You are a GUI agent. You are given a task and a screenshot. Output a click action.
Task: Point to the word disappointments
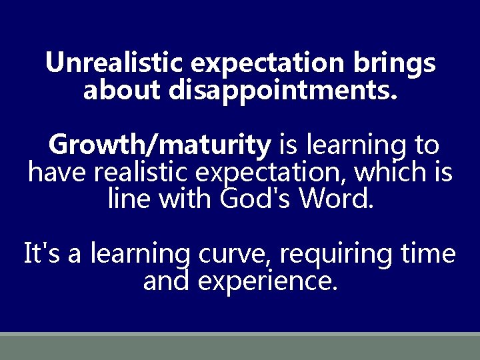[283, 91]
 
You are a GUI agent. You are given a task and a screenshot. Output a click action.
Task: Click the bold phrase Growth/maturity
[159, 143]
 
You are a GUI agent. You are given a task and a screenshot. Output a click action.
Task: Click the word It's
[41, 254]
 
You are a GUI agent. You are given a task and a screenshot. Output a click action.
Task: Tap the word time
[429, 254]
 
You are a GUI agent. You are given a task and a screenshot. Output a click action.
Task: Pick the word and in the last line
[167, 281]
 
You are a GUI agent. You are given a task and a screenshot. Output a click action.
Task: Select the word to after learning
[427, 144]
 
